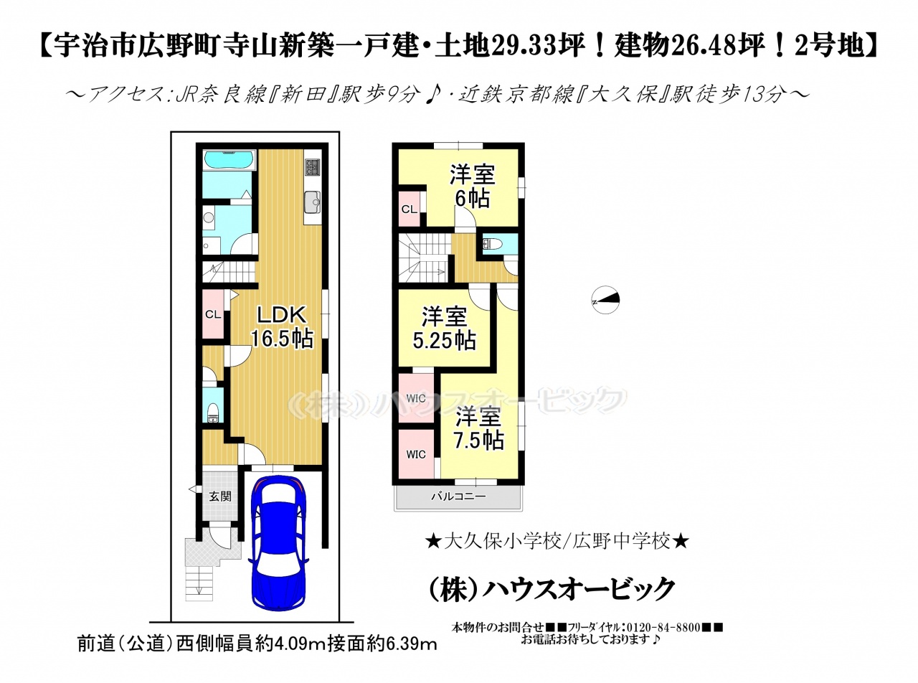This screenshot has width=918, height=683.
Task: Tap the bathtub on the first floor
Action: [229, 160]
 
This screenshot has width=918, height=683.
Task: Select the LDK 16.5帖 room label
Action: [283, 327]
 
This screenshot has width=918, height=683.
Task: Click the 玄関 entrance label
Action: [219, 496]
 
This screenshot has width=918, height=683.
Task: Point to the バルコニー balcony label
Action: [458, 496]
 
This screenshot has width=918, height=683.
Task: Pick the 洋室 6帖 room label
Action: [472, 187]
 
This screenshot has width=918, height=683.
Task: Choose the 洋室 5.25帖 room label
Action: [444, 329]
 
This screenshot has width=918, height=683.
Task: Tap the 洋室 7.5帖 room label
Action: [478, 429]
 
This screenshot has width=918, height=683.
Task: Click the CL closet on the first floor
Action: [213, 314]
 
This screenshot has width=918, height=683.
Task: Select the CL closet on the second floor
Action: [409, 209]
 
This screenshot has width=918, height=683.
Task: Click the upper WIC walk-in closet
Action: [415, 398]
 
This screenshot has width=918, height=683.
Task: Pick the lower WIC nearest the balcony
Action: [415, 454]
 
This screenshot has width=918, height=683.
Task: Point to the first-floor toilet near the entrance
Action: [213, 412]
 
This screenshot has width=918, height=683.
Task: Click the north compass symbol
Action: [605, 299]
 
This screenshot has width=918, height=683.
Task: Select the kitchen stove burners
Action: [313, 166]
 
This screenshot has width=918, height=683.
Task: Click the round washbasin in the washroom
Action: [209, 218]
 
